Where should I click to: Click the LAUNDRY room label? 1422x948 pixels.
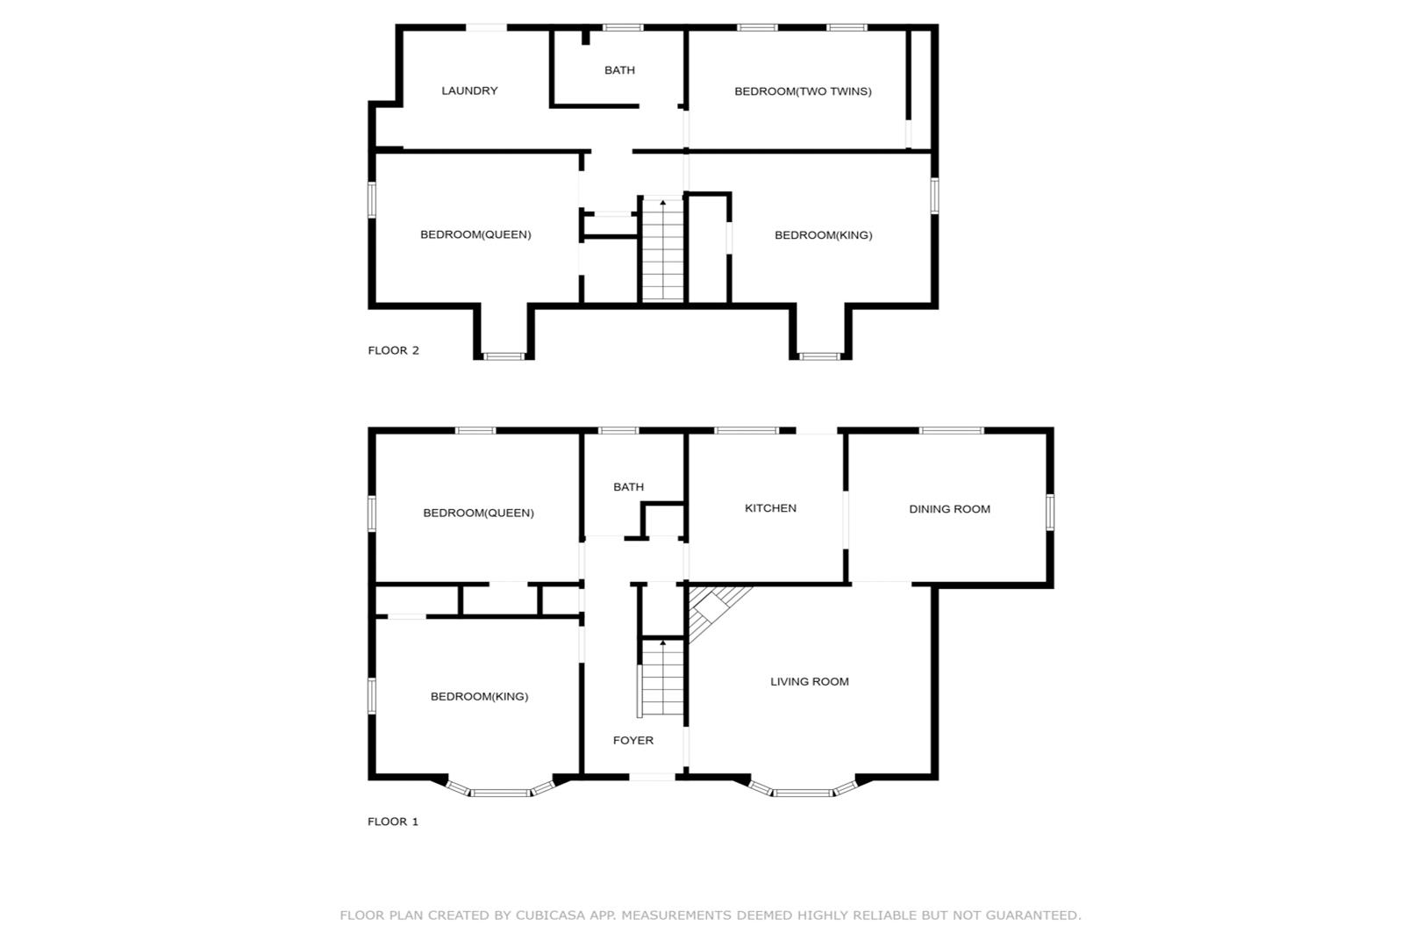469,91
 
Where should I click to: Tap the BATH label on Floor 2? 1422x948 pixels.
619,70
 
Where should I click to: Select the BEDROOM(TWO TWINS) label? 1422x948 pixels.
803,91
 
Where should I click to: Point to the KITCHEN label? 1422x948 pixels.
771,508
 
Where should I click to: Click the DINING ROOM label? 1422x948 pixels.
950,509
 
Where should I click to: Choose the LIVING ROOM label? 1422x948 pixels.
810,682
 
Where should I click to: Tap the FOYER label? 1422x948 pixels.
632,740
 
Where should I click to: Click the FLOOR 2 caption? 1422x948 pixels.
394,350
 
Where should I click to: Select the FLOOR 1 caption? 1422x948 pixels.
393,822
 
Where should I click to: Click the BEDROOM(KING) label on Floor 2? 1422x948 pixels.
824,235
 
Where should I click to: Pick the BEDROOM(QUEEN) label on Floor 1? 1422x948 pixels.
479,513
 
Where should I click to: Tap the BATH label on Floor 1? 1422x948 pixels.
628,486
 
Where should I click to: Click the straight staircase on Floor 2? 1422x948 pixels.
663,249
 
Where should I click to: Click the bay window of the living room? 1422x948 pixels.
803,788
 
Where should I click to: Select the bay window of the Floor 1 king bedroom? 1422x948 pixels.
501,788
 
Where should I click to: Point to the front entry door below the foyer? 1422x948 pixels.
652,777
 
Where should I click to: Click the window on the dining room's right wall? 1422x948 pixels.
1050,512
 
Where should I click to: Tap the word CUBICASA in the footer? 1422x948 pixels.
550,916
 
